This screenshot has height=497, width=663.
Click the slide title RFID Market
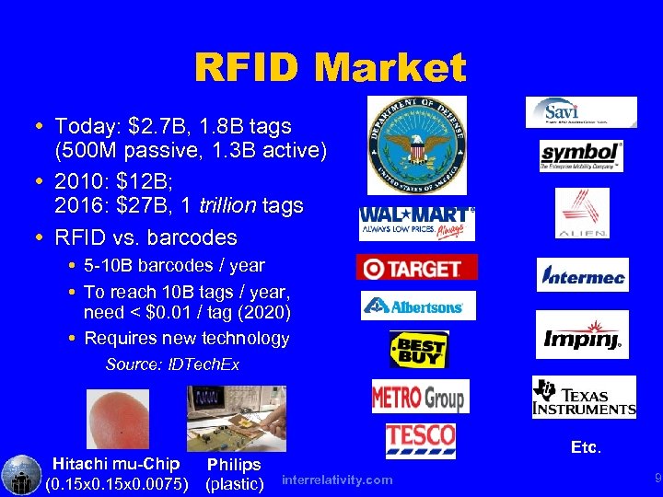[330, 67]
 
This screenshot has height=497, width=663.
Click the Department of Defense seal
[416, 145]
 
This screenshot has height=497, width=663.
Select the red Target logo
[416, 268]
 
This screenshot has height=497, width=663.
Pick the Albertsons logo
[417, 306]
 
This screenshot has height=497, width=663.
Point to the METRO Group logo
[420, 397]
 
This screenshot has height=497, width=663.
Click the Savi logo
[580, 111]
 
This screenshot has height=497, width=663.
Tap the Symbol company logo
[581, 156]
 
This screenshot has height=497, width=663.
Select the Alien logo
[582, 213]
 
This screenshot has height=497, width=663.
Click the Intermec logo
[583, 274]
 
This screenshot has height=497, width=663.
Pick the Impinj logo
[582, 335]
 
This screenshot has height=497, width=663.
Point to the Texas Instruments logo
[584, 398]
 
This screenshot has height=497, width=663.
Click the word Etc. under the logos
[586, 448]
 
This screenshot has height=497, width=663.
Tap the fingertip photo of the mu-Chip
[117, 420]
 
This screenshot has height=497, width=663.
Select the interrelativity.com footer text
[337, 480]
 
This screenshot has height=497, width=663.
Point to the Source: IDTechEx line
[172, 364]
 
